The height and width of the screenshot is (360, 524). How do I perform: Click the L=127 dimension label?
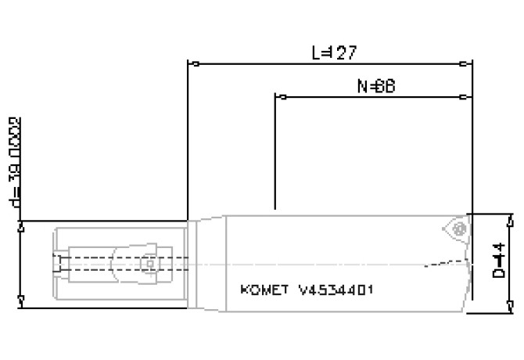click(x=334, y=53)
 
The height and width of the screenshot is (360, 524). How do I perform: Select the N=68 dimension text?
click(x=374, y=87)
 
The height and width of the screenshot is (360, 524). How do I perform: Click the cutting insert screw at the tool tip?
click(x=459, y=228)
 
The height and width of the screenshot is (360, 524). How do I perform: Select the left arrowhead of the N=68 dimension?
click(x=280, y=97)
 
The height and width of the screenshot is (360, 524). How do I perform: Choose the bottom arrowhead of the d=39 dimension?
click(x=20, y=304)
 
